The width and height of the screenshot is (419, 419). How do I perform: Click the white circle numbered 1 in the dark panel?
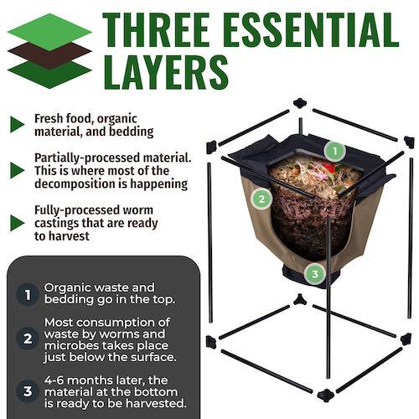[28, 295]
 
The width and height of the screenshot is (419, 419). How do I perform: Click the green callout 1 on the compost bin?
[334, 152]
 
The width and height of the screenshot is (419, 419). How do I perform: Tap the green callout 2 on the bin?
[262, 199]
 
